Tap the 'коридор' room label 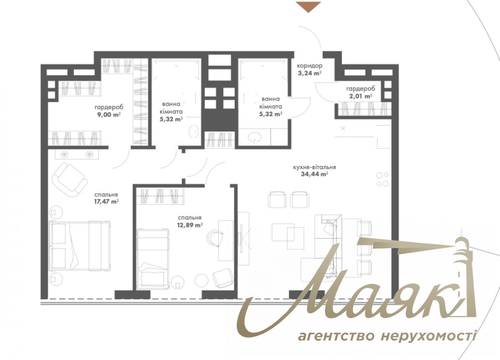click(x=309, y=66)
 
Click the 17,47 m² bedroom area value click(x=106, y=202)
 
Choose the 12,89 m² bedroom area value click(x=190, y=225)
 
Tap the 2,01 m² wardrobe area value click(x=360, y=96)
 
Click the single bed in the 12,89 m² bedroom click(x=152, y=258)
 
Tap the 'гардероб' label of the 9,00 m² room click(x=109, y=107)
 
